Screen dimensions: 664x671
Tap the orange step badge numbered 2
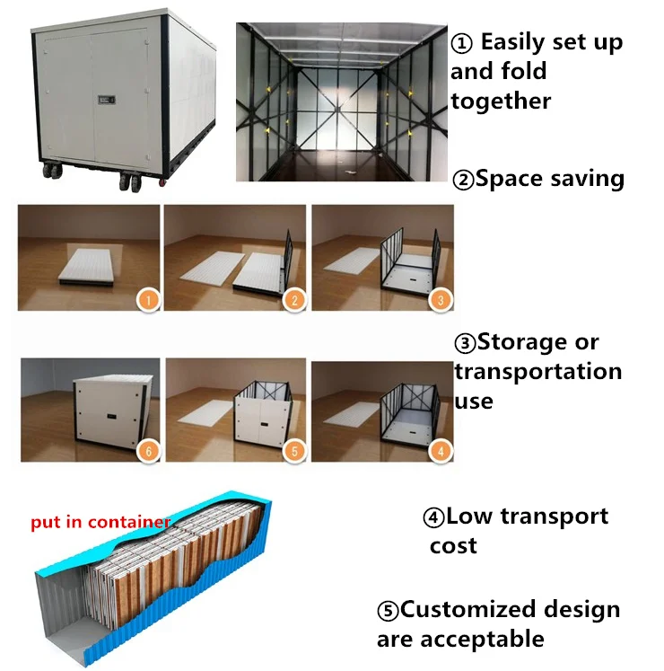tap(293, 300)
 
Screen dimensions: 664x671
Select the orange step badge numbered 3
tap(440, 300)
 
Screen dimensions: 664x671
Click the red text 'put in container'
tap(100, 521)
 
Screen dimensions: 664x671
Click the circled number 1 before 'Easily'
tap(460, 43)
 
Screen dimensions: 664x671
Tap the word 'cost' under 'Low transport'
tap(453, 545)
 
